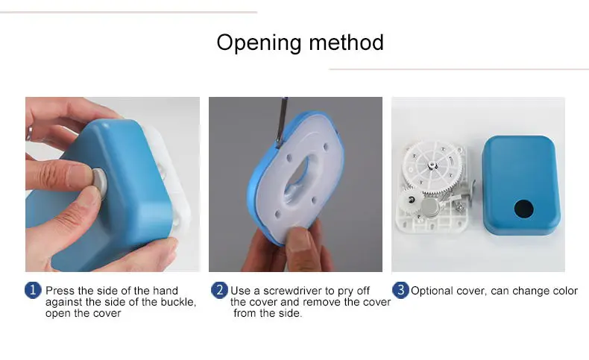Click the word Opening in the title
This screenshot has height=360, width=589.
259,43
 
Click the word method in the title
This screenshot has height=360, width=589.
347,42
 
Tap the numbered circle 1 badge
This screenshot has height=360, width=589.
33,290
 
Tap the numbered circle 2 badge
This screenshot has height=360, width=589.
219,290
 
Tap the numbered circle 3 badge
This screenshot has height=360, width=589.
400,290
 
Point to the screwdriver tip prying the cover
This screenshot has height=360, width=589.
278,145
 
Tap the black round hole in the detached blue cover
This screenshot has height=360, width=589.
523,209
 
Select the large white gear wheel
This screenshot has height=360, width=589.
432,167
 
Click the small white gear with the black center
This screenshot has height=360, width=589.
411,200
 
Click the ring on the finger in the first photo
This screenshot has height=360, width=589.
28,134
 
